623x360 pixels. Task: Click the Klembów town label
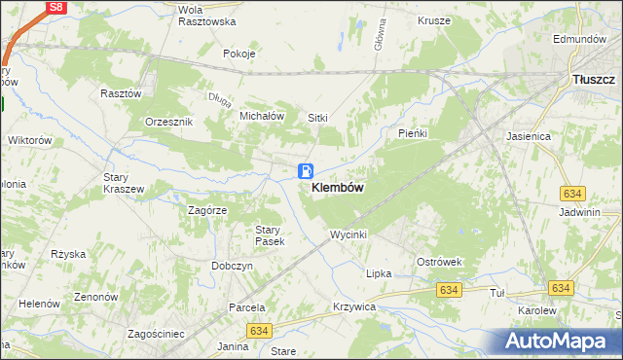click(x=338, y=188)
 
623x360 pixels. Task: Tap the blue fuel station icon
click(x=306, y=170)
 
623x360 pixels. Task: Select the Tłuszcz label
click(x=593, y=80)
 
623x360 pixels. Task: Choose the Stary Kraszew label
click(x=124, y=183)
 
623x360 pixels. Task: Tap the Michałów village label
click(x=261, y=115)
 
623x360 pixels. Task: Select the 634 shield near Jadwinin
click(x=571, y=196)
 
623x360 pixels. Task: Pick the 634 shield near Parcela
click(x=258, y=332)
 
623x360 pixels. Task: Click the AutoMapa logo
click(x=559, y=342)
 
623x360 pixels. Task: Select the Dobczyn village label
click(x=232, y=266)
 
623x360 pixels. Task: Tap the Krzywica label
click(x=353, y=306)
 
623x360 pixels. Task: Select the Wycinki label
click(x=348, y=235)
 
